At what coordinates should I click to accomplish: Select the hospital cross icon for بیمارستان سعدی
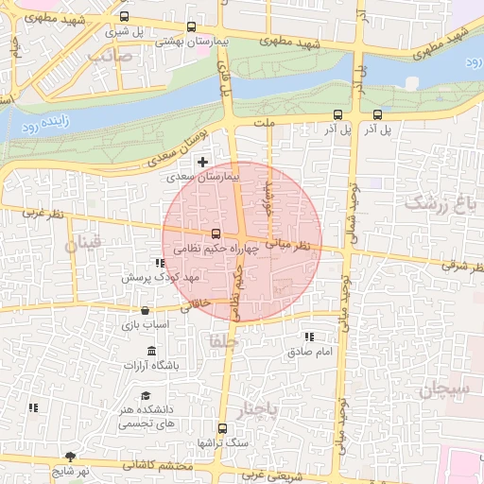pyautogui.click(x=202, y=163)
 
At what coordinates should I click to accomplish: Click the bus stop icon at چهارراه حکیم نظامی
pyautogui.click(x=216, y=233)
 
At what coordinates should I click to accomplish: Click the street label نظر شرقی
pyautogui.click(x=460, y=266)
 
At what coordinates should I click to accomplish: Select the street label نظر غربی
pyautogui.click(x=44, y=216)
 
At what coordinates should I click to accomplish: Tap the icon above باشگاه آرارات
pyautogui.click(x=151, y=352)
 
